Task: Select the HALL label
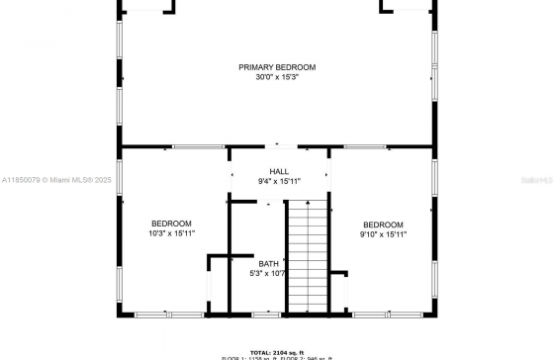279,171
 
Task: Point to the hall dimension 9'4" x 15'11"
279,181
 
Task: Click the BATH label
268,263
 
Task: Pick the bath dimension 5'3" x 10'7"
268,274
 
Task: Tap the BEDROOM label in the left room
171,224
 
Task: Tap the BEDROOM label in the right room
383,225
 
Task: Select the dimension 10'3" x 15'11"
171,233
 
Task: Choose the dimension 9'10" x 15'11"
383,234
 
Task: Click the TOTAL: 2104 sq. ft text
277,351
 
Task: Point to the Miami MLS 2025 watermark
46,180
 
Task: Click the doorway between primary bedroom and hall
280,146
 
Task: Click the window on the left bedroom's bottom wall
168,315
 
